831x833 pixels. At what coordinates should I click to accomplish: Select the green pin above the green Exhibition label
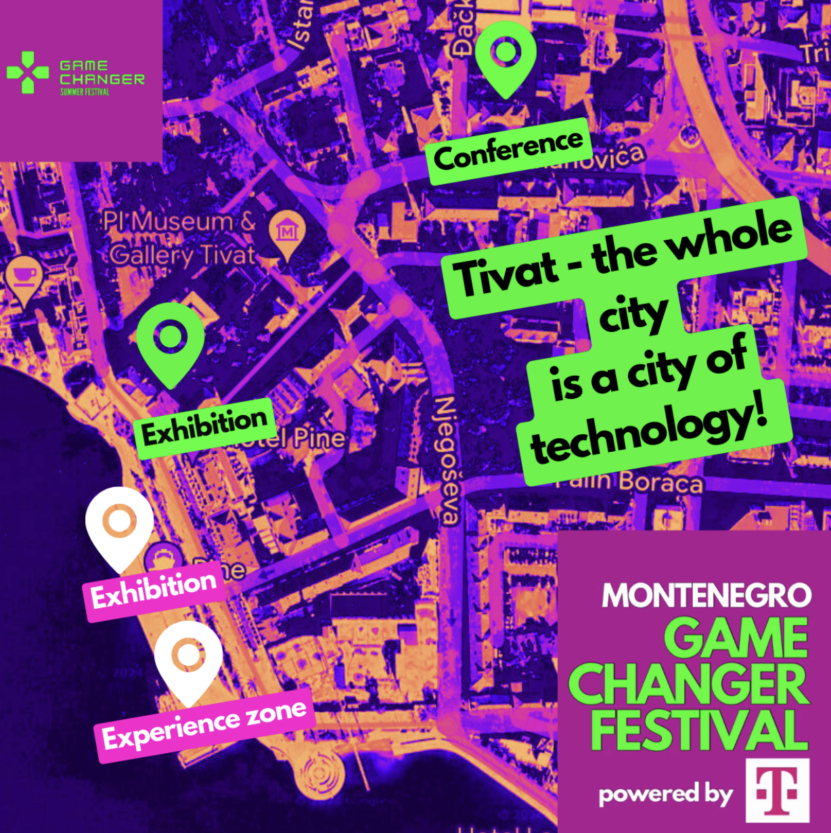click(x=170, y=341)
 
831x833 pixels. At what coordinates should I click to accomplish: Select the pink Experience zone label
click(x=205, y=725)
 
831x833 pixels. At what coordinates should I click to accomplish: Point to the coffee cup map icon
click(x=24, y=276)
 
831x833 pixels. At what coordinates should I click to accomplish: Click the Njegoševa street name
click(x=447, y=460)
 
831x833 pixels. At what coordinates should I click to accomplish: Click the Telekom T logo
click(x=777, y=790)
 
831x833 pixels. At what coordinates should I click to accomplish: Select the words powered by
click(x=666, y=794)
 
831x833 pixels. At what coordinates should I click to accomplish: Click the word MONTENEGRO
click(x=706, y=596)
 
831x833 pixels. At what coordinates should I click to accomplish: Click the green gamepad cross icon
click(x=28, y=72)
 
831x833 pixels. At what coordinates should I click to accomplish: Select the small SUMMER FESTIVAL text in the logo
click(x=85, y=92)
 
